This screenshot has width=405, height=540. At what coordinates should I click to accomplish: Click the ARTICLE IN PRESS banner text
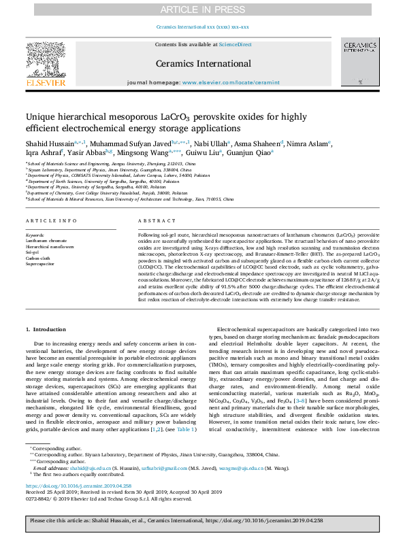(x=202, y=9)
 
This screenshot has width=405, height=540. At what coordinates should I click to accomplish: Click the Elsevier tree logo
(x=46, y=61)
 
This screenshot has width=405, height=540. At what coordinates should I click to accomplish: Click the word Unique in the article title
(x=42, y=117)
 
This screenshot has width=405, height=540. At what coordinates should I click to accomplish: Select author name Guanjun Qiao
(x=248, y=154)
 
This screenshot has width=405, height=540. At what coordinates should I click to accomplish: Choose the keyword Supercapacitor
(x=40, y=263)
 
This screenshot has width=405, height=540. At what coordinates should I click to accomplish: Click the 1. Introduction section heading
(x=46, y=329)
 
